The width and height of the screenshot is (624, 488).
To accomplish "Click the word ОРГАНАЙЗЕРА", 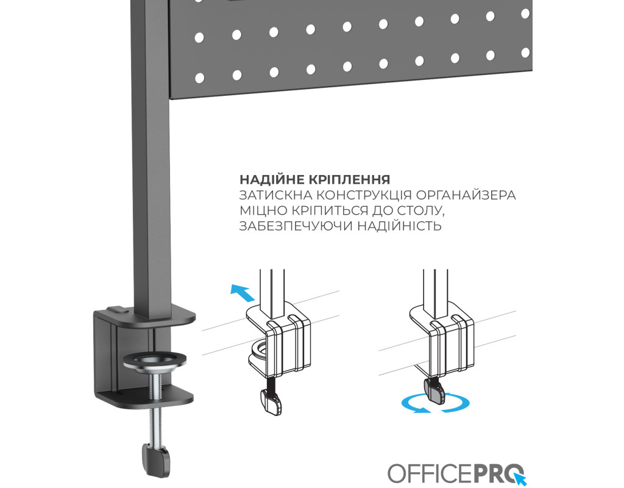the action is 466,195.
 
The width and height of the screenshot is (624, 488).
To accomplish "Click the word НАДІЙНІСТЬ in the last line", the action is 399,226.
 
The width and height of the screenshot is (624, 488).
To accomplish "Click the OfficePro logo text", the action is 452,473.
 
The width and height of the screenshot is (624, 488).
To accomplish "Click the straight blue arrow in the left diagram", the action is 243,293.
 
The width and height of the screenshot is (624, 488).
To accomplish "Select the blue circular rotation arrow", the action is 435,404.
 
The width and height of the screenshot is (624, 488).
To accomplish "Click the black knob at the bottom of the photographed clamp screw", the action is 155,459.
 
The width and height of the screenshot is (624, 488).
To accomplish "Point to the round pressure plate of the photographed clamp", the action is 154,361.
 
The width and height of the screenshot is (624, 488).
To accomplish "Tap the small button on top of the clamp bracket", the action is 118,309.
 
